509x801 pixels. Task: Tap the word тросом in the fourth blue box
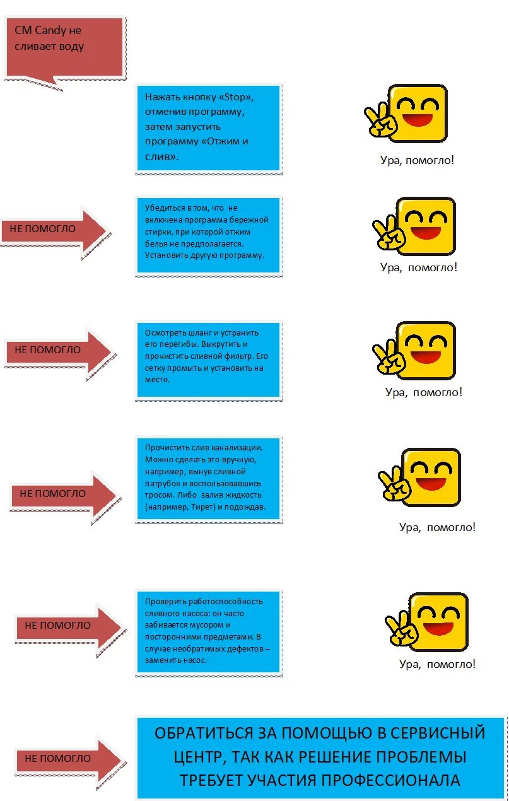click(x=158, y=495)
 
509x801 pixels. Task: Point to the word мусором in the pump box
click(x=206, y=625)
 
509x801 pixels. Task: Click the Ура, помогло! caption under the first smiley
click(x=417, y=160)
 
